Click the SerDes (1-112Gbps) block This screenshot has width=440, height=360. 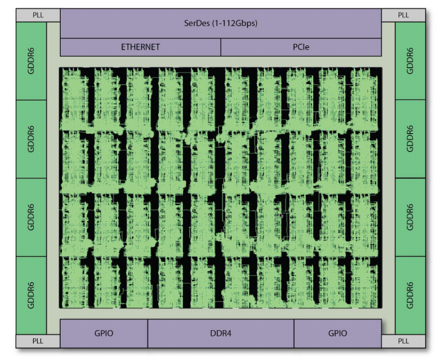(x=221, y=24)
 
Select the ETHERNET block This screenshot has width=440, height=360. (x=140, y=47)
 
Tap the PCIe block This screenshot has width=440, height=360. (x=301, y=47)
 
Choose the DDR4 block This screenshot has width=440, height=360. (x=221, y=333)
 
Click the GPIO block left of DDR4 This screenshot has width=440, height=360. (x=104, y=333)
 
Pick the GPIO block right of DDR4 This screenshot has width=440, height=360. (x=337, y=333)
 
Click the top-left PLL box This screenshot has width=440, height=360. (x=38, y=15)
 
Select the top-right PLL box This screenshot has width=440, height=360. (x=404, y=15)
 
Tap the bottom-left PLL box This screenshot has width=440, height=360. (x=38, y=341)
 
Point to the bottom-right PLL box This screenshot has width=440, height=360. (x=404, y=341)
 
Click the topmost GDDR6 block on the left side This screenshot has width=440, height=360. (x=31, y=61)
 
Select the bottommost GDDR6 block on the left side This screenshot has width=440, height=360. (x=31, y=295)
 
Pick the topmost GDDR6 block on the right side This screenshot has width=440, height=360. (x=410, y=61)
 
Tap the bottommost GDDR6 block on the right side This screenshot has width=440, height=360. (x=410, y=295)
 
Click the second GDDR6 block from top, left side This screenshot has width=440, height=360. (x=31, y=139)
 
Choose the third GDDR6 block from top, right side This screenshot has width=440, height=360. (x=410, y=217)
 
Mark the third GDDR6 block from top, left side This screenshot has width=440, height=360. (x=31, y=217)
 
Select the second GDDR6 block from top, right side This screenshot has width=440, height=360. (x=410, y=139)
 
